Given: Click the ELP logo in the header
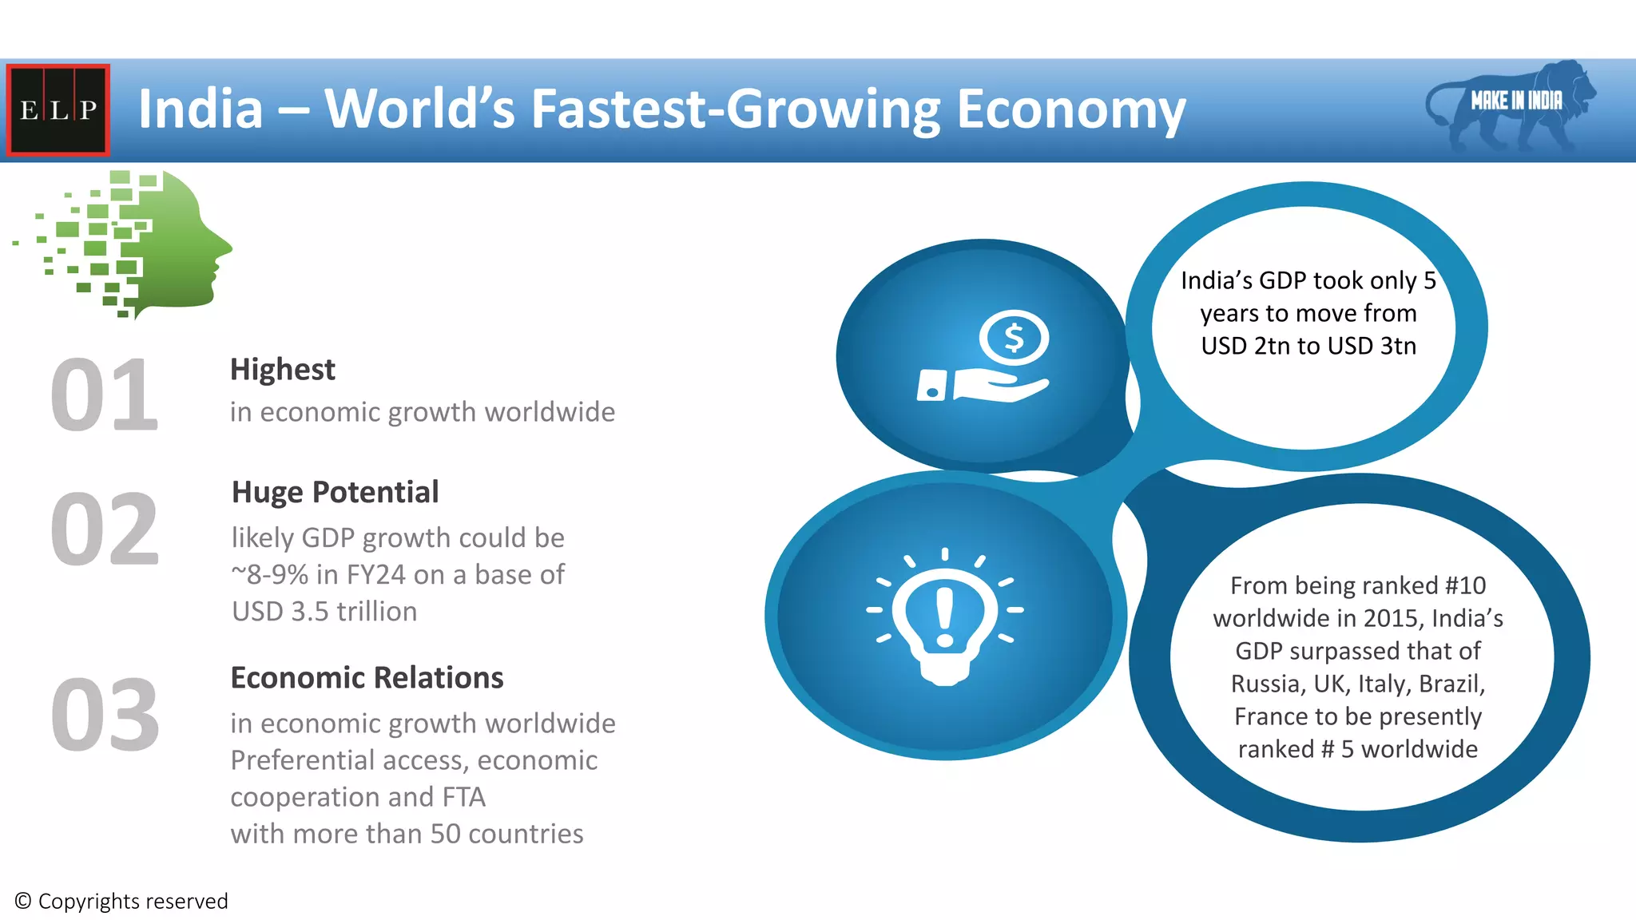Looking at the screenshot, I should coord(58,109).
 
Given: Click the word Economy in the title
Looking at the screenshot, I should coord(1070,109).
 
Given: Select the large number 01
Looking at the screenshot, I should coord(104,395).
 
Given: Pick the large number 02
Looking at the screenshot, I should coord(104,529).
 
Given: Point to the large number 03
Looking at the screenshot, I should coord(105,715).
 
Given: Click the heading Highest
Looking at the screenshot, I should coord(282,370).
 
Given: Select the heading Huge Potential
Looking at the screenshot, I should coord(335,493).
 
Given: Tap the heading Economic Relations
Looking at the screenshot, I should coord(367,678).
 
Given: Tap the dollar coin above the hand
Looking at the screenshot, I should coord(1014,338).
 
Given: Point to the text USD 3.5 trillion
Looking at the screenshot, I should coord(324,612).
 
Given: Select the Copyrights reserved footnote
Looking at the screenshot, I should coord(121,902).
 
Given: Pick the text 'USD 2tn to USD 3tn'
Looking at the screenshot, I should coord(1308,346).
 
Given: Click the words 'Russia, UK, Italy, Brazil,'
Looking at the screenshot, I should coord(1357,684).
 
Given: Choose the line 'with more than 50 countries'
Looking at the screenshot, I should coord(407,834).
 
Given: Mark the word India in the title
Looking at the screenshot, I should coord(201,109).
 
